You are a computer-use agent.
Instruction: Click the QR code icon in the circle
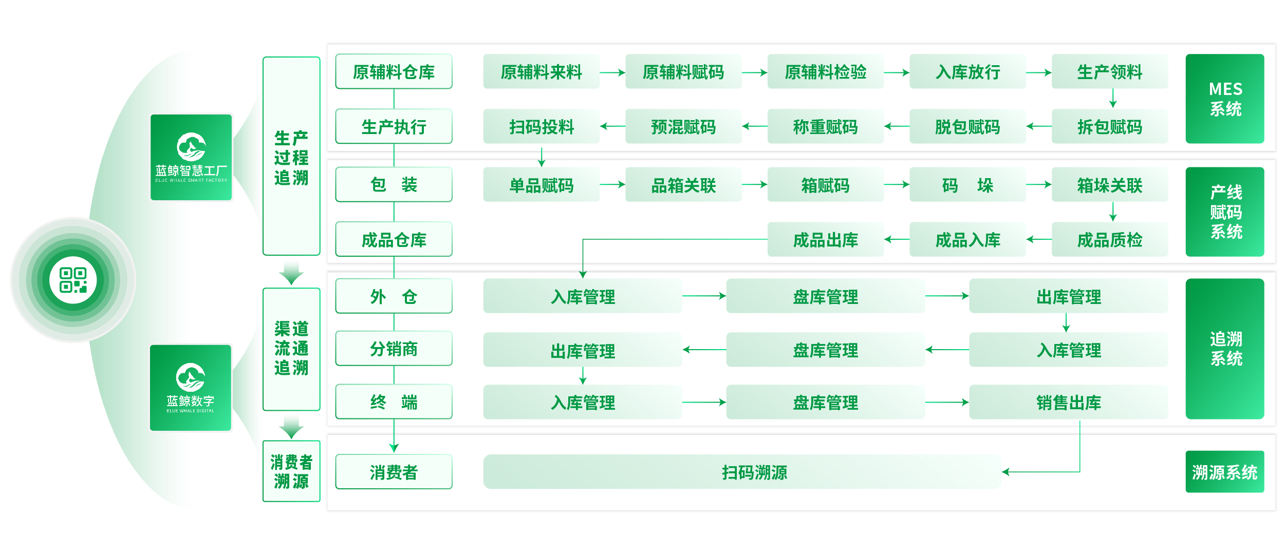coord(73,280)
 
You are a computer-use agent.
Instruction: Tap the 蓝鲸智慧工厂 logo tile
coord(191,157)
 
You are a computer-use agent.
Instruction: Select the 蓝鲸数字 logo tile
coord(191,388)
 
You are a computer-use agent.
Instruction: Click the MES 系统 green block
coord(1225,99)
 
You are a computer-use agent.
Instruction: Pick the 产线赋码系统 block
coord(1225,212)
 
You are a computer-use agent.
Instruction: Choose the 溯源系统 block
coord(1225,472)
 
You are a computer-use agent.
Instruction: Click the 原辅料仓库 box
coord(394,71)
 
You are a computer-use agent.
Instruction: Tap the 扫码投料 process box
coord(542,126)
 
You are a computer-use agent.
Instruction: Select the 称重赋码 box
coord(826,126)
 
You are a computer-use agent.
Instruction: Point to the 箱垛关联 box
coord(1110,185)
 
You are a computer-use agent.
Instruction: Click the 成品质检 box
coord(1110,239)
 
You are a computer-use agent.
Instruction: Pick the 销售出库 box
coord(1069,403)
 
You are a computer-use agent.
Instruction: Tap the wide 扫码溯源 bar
coord(742,472)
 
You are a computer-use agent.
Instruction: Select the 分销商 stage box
coord(394,349)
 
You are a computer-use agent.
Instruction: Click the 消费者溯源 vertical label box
coord(291,471)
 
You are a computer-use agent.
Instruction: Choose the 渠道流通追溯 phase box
coord(291,349)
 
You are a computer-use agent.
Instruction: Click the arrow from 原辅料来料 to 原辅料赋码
coord(612,72)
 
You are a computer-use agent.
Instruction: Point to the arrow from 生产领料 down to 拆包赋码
coord(1113,98)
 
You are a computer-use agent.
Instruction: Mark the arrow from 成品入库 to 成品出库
coord(897,239)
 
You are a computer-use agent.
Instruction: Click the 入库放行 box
coord(968,71)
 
